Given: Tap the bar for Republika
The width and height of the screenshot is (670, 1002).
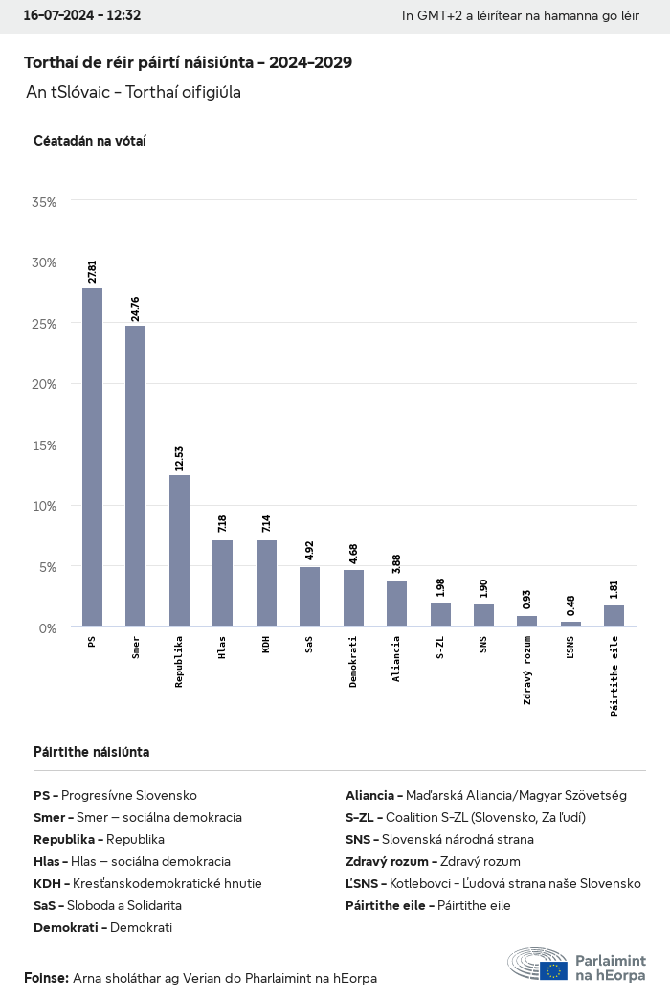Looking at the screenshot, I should pyautogui.click(x=179, y=551).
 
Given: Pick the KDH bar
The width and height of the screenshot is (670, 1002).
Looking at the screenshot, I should pyautogui.click(x=266, y=583).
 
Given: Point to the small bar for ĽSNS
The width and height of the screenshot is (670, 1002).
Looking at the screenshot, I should pyautogui.click(x=570, y=625).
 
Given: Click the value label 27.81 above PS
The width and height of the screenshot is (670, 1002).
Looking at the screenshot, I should pyautogui.click(x=92, y=272).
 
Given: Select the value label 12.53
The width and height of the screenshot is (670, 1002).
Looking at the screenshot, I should pyautogui.click(x=179, y=458).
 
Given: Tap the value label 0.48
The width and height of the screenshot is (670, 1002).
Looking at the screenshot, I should pyautogui.click(x=570, y=606).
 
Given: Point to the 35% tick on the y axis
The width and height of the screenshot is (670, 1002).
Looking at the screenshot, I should pyautogui.click(x=44, y=202).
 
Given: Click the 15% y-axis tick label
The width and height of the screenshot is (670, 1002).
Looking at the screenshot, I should pyautogui.click(x=44, y=445).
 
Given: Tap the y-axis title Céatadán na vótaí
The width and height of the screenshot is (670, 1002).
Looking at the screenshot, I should pyautogui.click(x=89, y=141).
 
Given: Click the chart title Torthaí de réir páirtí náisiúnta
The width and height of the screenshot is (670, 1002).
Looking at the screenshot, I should pyautogui.click(x=188, y=62).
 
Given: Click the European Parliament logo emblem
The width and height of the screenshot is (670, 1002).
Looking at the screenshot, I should pyautogui.click(x=552, y=969).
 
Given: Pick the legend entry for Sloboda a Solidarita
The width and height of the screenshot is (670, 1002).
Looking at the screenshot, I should pyautogui.click(x=107, y=905).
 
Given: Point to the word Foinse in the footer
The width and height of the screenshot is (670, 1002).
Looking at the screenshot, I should pyautogui.click(x=46, y=978).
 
